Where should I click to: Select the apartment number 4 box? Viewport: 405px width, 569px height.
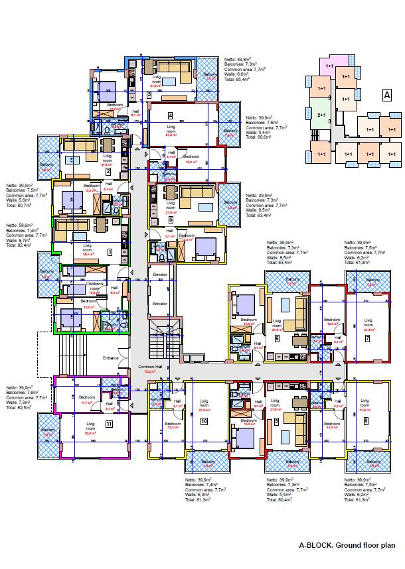click(171, 115)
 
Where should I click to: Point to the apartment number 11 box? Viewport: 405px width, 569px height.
click(109, 422)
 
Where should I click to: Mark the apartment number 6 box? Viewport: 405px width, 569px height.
click(276, 338)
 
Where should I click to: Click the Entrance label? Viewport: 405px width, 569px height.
click(110, 358)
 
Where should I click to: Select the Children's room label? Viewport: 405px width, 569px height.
click(95, 286)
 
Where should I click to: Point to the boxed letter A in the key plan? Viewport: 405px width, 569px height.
click(386, 95)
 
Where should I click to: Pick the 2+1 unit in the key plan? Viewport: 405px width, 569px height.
click(321, 115)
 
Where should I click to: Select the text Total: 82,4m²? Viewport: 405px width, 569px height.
click(20, 245)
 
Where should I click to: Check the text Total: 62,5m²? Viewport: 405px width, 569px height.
click(20, 408)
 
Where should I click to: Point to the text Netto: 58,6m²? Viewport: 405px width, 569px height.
click(20, 224)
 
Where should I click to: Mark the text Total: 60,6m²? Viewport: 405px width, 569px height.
click(259, 137)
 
